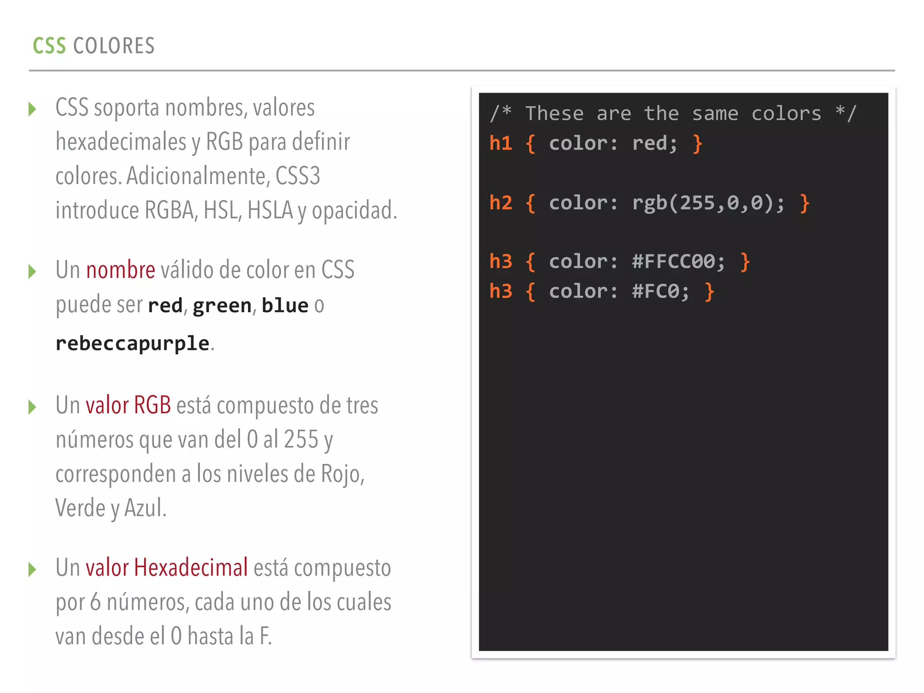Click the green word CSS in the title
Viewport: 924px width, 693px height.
pyautogui.click(x=49, y=46)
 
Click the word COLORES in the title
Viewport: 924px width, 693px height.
pyautogui.click(x=114, y=46)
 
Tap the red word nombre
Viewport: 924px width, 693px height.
pyautogui.click(x=120, y=270)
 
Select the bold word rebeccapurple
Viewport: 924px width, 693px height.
pyautogui.click(x=133, y=343)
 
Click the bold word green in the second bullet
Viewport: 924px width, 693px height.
pyautogui.click(x=222, y=306)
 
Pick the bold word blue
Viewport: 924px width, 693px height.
pyautogui.click(x=285, y=305)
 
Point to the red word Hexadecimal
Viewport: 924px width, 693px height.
pyautogui.click(x=191, y=568)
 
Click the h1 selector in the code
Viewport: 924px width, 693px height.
pyautogui.click(x=501, y=143)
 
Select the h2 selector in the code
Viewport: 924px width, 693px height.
pyautogui.click(x=501, y=203)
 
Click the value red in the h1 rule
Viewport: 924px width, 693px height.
pyautogui.click(x=649, y=144)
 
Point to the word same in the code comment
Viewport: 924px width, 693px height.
pyautogui.click(x=715, y=114)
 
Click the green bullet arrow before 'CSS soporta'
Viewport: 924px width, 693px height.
pyautogui.click(x=32, y=109)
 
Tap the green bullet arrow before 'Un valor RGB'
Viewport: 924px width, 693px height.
pyautogui.click(x=32, y=407)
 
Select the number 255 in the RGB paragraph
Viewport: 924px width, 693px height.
pyautogui.click(x=301, y=439)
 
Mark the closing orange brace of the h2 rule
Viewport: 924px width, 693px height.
pyautogui.click(x=804, y=203)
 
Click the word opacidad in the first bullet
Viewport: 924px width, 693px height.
pyautogui.click(x=352, y=211)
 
